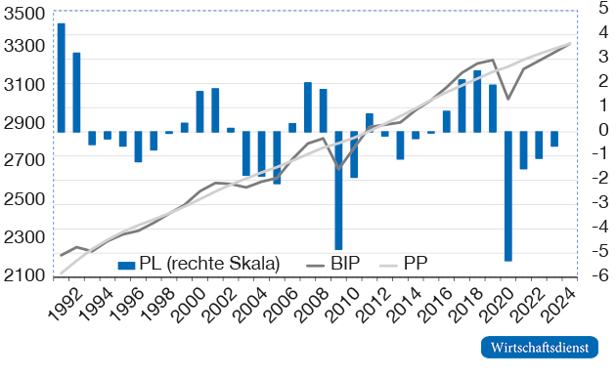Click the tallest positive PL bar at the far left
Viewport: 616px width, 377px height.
tap(61, 77)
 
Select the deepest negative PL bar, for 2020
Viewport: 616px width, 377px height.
tap(508, 195)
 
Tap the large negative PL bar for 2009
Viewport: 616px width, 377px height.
tap(338, 190)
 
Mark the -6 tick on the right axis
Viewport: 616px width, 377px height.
tap(594, 276)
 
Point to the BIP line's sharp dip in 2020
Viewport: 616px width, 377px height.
tap(507, 99)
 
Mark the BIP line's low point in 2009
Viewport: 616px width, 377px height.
tap(339, 170)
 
